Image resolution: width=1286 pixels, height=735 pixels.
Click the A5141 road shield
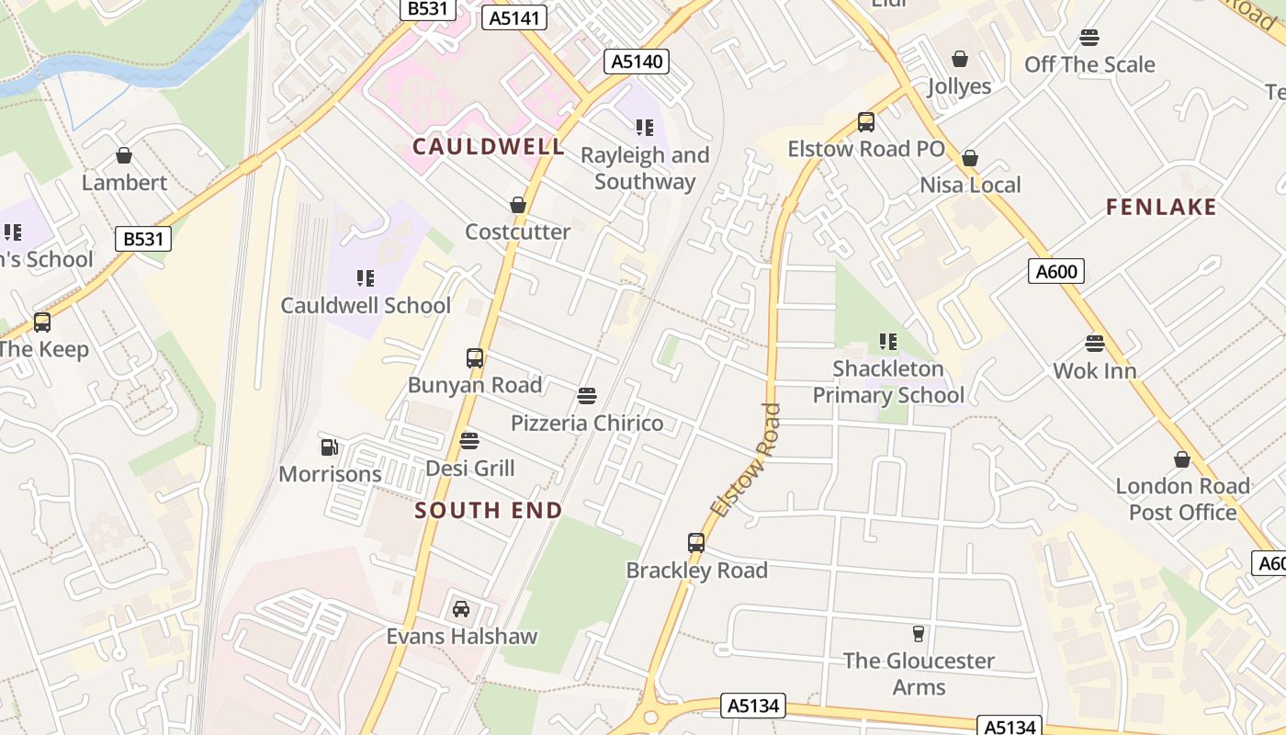pos(513,17)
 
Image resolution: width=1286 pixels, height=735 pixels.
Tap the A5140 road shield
pos(636,62)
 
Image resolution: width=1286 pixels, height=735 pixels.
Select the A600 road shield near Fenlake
pos(1056,271)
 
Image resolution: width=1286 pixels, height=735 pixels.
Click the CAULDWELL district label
pos(488,146)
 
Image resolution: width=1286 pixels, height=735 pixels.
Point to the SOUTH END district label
pos(488,510)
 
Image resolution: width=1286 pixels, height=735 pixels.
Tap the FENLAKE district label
pos(1161,207)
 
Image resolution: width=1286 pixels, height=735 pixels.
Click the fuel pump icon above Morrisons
pos(330,447)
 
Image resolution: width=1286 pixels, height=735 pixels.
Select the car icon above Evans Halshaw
pos(461,608)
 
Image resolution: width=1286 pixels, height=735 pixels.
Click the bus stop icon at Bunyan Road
pos(475,358)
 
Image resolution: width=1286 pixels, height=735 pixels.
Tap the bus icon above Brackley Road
pos(696,543)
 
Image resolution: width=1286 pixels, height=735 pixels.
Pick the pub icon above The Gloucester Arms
pos(918,633)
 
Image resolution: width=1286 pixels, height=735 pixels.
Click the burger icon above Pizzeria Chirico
pos(587,396)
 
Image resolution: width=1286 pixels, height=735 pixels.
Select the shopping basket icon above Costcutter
pos(518,205)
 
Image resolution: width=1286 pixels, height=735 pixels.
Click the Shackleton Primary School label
pos(888,382)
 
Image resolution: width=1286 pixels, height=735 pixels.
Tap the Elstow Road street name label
pos(745,459)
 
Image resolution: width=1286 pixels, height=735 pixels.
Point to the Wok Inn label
pos(1094,371)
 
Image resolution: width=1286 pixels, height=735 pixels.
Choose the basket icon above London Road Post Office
pos(1182,459)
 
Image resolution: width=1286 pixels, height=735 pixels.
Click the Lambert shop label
pos(124,183)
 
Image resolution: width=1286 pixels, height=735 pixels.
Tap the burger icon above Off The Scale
pos(1089,38)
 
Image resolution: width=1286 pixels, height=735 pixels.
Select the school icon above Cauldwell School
pos(366,277)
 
